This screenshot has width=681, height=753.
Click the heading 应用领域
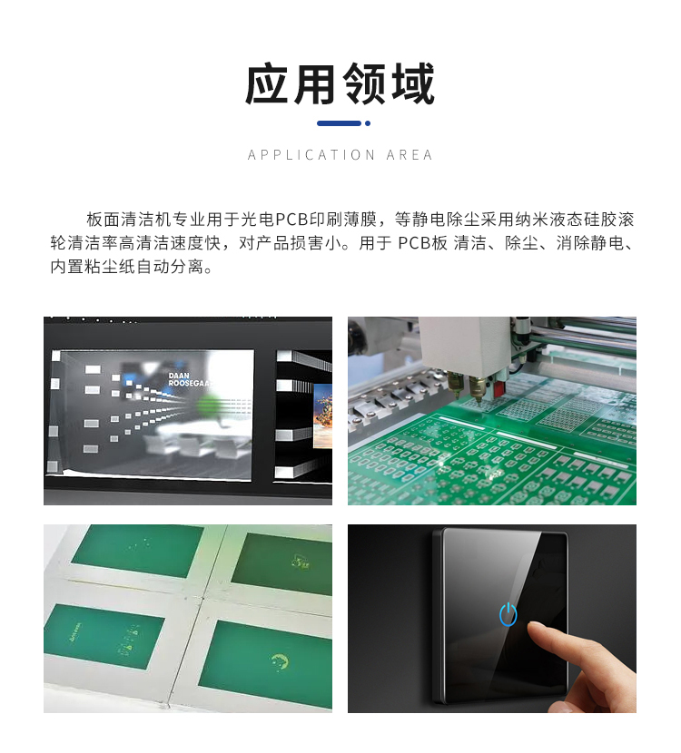(x=340, y=85)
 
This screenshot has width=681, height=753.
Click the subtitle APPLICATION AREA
(x=340, y=155)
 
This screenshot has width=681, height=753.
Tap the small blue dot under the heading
(x=367, y=123)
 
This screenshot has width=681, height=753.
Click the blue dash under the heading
(x=338, y=123)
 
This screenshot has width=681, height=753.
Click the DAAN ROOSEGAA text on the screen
(x=189, y=379)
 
